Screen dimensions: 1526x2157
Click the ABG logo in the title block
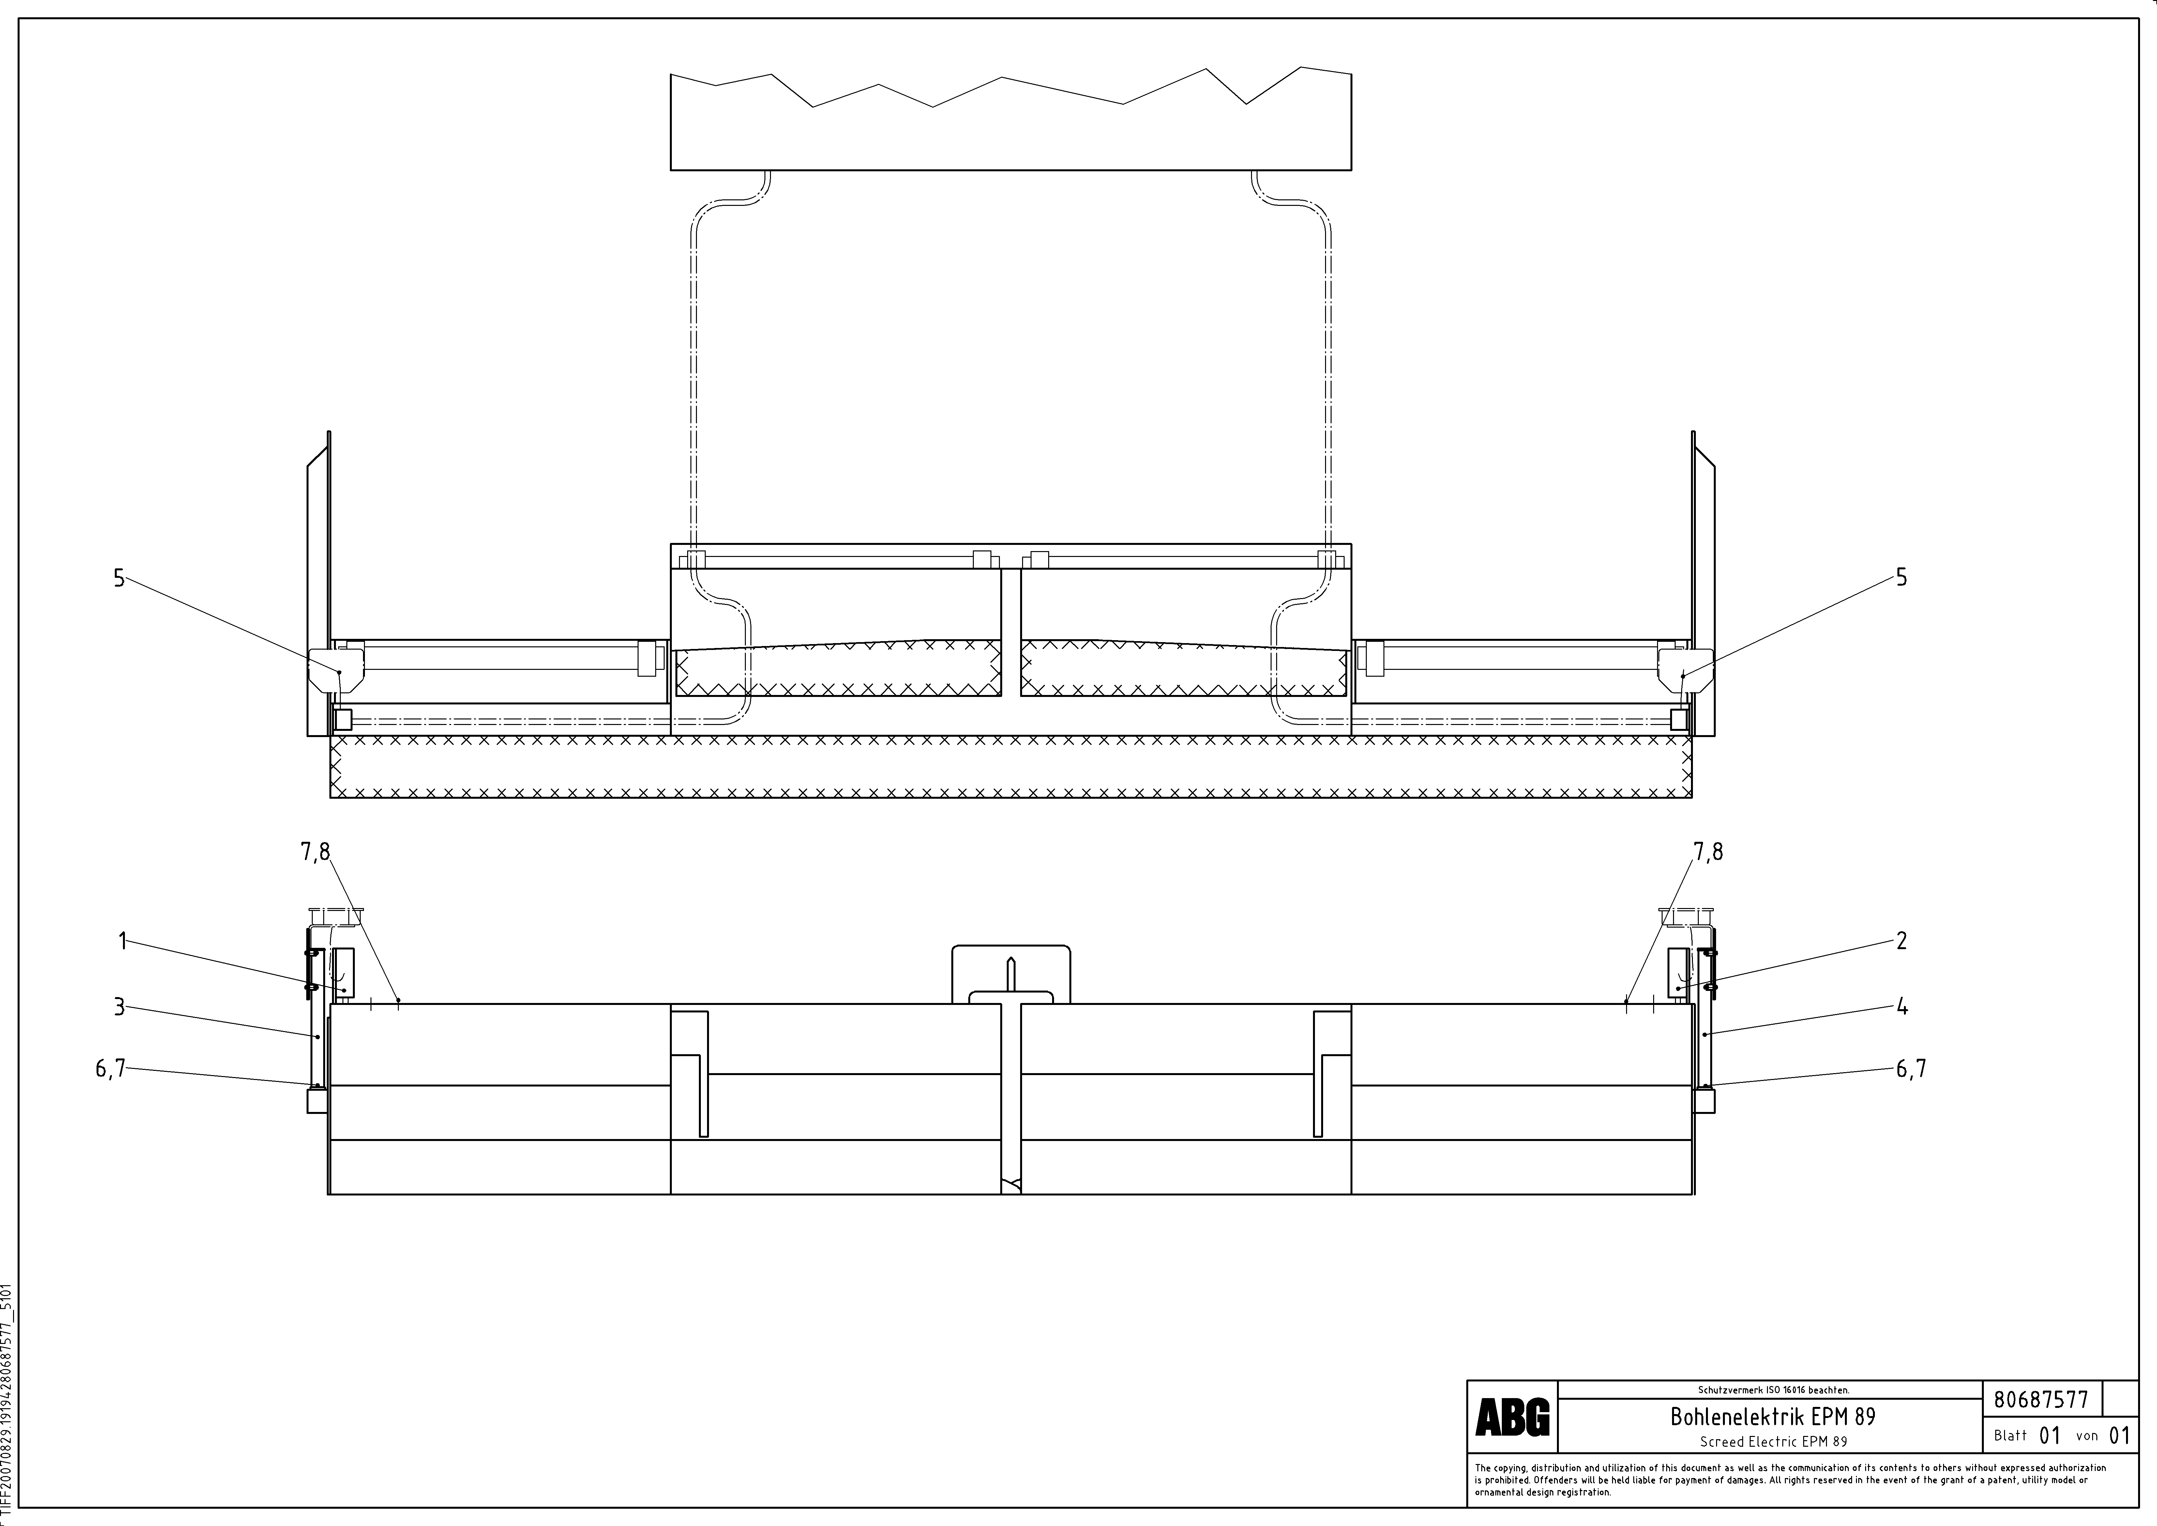[1512, 1417]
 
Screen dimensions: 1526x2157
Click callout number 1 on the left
[122, 941]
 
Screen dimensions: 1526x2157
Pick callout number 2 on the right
[1901, 941]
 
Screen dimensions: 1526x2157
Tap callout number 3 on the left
[119, 1007]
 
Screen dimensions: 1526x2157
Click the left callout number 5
[119, 578]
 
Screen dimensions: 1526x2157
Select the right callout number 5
[1901, 578]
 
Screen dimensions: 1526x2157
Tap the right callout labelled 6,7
[1911, 1069]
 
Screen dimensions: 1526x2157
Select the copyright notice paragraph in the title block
[1790, 1479]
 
